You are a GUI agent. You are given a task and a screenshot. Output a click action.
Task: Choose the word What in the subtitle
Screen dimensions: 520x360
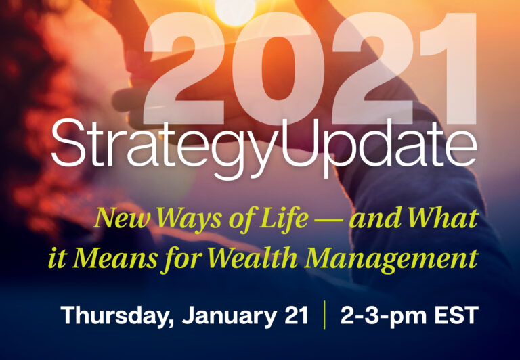[443, 218]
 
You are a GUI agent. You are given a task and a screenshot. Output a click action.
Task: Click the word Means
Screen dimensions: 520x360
[114, 258]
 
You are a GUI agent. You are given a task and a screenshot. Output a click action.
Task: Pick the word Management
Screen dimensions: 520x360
[391, 260]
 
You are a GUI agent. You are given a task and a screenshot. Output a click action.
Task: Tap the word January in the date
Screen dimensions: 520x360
[229, 316]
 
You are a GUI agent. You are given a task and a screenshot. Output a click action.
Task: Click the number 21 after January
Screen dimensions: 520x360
[297, 315]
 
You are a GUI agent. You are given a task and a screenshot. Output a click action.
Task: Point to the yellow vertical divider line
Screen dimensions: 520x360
[324, 315]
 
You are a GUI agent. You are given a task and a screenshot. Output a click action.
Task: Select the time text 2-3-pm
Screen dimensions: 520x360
[383, 316]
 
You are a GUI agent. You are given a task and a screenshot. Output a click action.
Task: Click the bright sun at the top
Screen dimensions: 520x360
[235, 10]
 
